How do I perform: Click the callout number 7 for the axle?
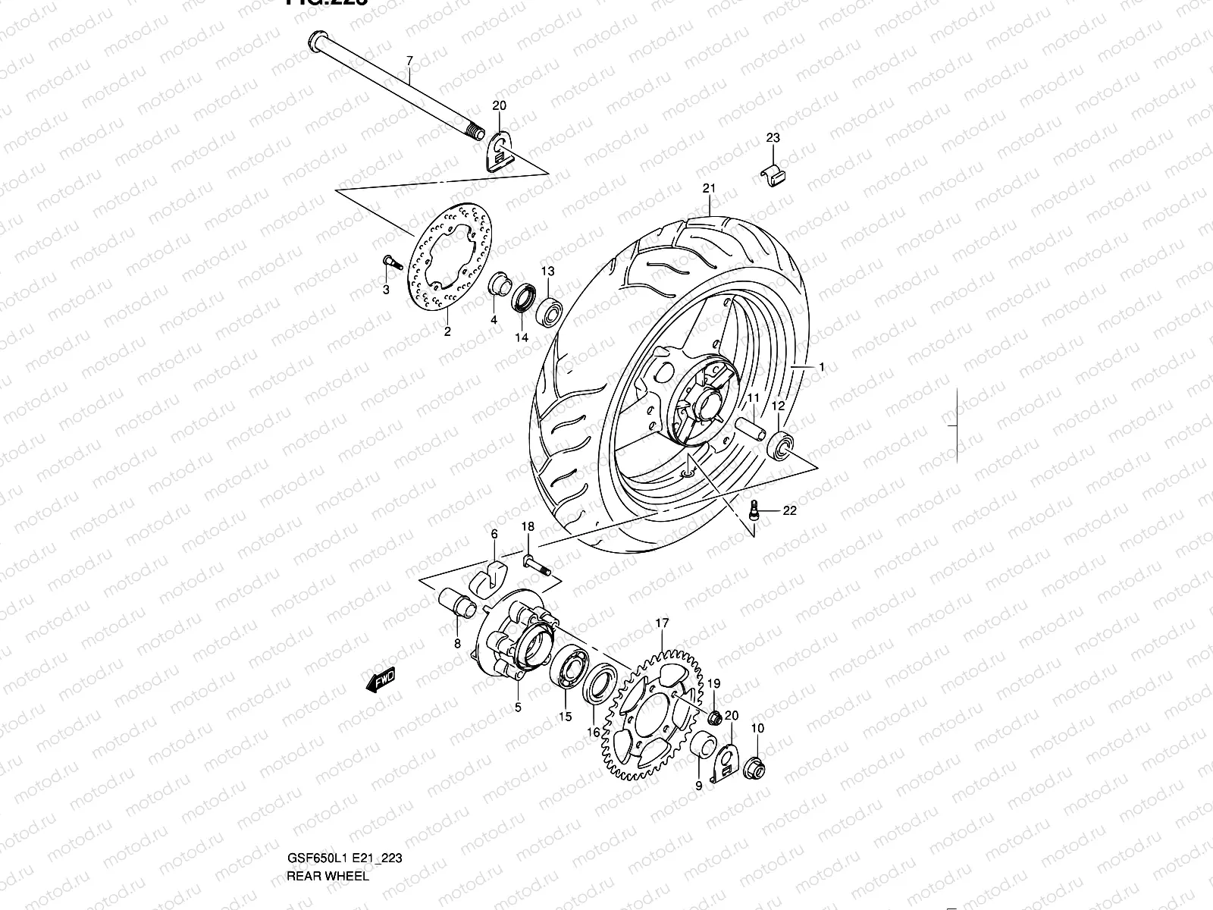point(409,59)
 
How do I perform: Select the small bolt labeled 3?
point(389,263)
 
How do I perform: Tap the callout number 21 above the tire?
point(709,188)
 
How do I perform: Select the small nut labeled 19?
point(713,717)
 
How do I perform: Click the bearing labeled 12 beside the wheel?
point(782,444)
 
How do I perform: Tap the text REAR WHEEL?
point(328,876)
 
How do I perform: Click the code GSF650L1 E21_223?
point(349,860)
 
